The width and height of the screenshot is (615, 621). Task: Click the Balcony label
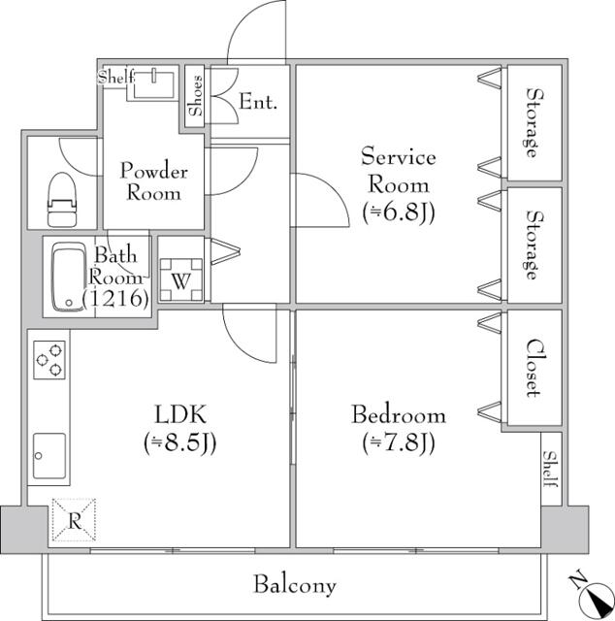pyautogui.click(x=295, y=585)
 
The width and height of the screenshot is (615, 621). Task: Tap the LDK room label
pyautogui.click(x=178, y=414)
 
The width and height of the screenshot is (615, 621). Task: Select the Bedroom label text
pyautogui.click(x=398, y=415)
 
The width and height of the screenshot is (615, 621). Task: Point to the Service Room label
pyautogui.click(x=398, y=170)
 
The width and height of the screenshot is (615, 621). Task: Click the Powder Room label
pyautogui.click(x=153, y=182)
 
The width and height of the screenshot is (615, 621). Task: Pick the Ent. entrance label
pyautogui.click(x=258, y=101)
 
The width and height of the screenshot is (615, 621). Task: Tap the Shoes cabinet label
pyautogui.click(x=195, y=95)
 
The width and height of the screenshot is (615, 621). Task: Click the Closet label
pyautogui.click(x=533, y=368)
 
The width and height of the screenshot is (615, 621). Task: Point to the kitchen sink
pyautogui.click(x=49, y=453)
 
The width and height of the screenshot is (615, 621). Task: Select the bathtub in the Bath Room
pyautogui.click(x=68, y=278)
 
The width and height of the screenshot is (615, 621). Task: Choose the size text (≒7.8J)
pyautogui.click(x=398, y=443)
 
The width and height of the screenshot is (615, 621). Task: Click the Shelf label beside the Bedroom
pyautogui.click(x=550, y=471)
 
